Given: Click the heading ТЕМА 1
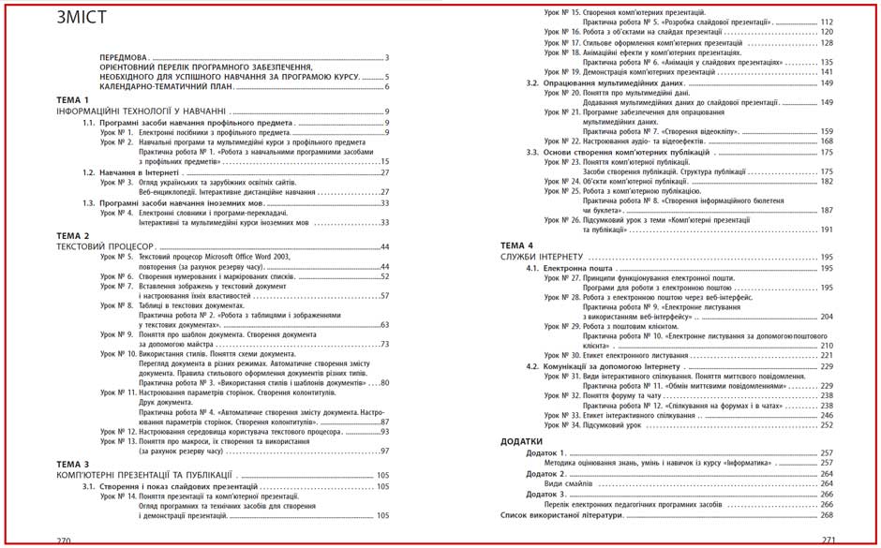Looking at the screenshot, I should (x=72, y=99).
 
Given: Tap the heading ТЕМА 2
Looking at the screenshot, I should (x=72, y=235).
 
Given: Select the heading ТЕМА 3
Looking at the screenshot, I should (x=72, y=464).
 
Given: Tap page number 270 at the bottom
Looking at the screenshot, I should (x=64, y=541).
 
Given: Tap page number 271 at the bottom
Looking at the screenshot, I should (x=828, y=541).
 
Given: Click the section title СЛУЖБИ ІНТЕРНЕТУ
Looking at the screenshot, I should (x=542, y=257).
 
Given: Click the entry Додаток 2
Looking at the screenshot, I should (x=546, y=473).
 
